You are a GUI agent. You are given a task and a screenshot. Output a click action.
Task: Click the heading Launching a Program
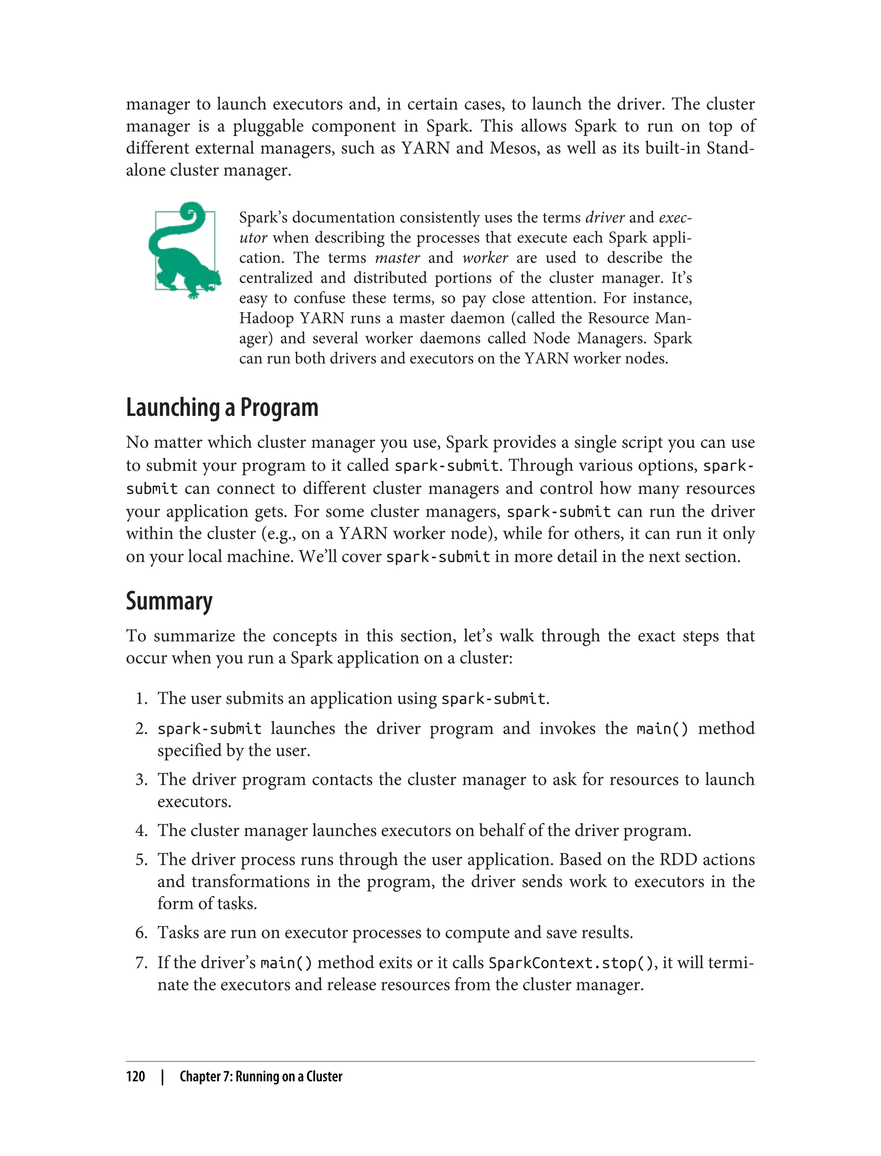[x=222, y=408]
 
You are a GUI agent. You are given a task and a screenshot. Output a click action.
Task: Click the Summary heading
[x=169, y=601]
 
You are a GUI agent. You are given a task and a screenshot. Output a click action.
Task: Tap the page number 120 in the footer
[x=136, y=1076]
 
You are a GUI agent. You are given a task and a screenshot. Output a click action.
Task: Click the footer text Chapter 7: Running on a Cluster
[x=261, y=1076]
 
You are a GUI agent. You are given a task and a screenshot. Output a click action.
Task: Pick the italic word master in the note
[x=397, y=258]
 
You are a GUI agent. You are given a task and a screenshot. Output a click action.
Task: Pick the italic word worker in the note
[x=485, y=258]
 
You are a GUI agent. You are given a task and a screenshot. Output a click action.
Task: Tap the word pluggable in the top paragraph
[x=268, y=126]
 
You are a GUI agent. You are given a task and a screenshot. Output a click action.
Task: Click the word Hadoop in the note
[x=266, y=318]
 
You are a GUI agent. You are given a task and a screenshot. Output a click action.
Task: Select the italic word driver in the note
[x=605, y=218]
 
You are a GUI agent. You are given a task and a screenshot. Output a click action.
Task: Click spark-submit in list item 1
[x=493, y=699]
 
